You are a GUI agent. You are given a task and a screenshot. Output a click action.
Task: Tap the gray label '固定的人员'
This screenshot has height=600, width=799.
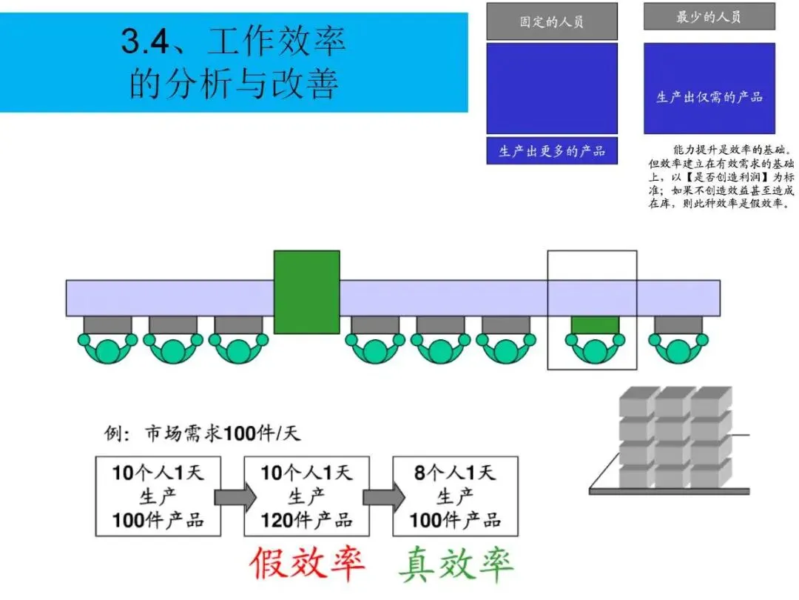click(x=551, y=21)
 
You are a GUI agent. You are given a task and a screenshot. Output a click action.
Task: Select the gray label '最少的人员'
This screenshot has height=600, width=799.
click(x=709, y=17)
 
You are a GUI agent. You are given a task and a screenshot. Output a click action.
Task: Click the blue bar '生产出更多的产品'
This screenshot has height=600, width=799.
click(x=551, y=151)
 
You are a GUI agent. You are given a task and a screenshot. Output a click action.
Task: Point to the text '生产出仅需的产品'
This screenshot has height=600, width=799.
click(x=709, y=97)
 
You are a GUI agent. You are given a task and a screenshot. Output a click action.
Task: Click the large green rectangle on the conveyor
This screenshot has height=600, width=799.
click(x=306, y=291)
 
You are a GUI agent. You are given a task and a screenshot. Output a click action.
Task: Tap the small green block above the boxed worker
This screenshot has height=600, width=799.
click(x=595, y=324)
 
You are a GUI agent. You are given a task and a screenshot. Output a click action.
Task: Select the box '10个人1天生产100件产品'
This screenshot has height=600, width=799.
click(x=158, y=496)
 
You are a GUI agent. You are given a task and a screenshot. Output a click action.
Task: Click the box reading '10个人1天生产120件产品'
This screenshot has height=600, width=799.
click(x=306, y=496)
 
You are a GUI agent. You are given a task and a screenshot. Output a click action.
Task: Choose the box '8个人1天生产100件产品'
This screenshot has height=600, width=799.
click(x=455, y=496)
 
